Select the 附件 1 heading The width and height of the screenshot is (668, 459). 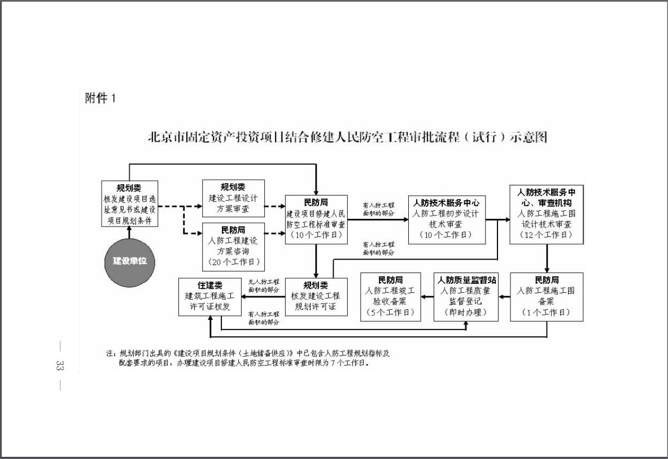click(x=101, y=98)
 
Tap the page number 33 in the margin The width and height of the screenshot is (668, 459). click(x=58, y=365)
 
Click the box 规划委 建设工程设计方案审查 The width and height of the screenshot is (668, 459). click(x=233, y=198)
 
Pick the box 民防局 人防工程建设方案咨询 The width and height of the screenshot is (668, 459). click(x=233, y=246)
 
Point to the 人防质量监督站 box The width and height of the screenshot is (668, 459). click(x=466, y=296)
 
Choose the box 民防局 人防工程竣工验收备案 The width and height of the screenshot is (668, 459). click(x=390, y=296)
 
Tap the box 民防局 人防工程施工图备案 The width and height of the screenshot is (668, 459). click(x=546, y=296)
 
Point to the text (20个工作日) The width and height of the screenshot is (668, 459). click(x=233, y=262)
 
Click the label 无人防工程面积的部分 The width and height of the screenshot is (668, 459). click(x=264, y=285)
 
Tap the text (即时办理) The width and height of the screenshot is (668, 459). click(x=466, y=312)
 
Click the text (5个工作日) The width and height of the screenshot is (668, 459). click(x=390, y=312)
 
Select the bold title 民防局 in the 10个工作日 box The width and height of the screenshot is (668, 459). click(x=316, y=202)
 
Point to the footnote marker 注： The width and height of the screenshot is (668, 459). click(x=111, y=353)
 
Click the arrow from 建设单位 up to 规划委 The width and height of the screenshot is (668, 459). click(x=129, y=231)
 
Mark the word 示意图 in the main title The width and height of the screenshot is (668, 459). click(x=529, y=137)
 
